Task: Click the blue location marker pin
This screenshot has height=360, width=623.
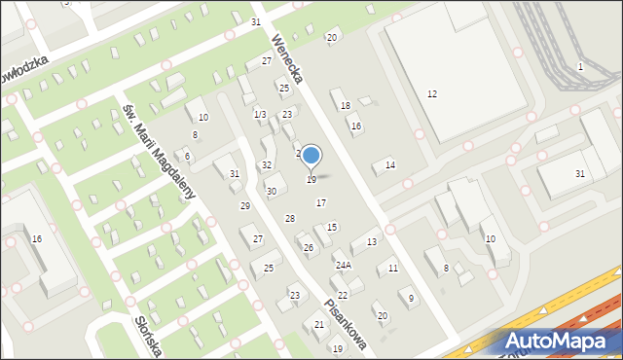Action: pos(311,156)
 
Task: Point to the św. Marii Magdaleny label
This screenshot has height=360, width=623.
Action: pos(160,148)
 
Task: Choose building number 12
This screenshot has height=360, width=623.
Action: pos(432,93)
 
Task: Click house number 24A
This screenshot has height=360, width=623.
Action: pos(343,265)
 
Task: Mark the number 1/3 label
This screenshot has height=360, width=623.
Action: pos(260,115)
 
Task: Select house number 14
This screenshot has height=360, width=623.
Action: pos(390,165)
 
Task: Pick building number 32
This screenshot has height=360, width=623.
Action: pos(267,165)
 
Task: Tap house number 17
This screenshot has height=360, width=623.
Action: pos(321,202)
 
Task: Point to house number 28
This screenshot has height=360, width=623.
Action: pos(289,219)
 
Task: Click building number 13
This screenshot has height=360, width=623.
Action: pos(372,241)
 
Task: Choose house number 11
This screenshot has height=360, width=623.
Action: pos(393,268)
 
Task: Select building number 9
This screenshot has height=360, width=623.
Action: pos(412,298)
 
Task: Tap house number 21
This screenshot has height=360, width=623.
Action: pos(319,325)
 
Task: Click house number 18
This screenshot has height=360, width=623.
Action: pos(345,105)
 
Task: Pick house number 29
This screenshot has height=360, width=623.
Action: pos(245,206)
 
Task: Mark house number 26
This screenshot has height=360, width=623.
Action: pos(309,248)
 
